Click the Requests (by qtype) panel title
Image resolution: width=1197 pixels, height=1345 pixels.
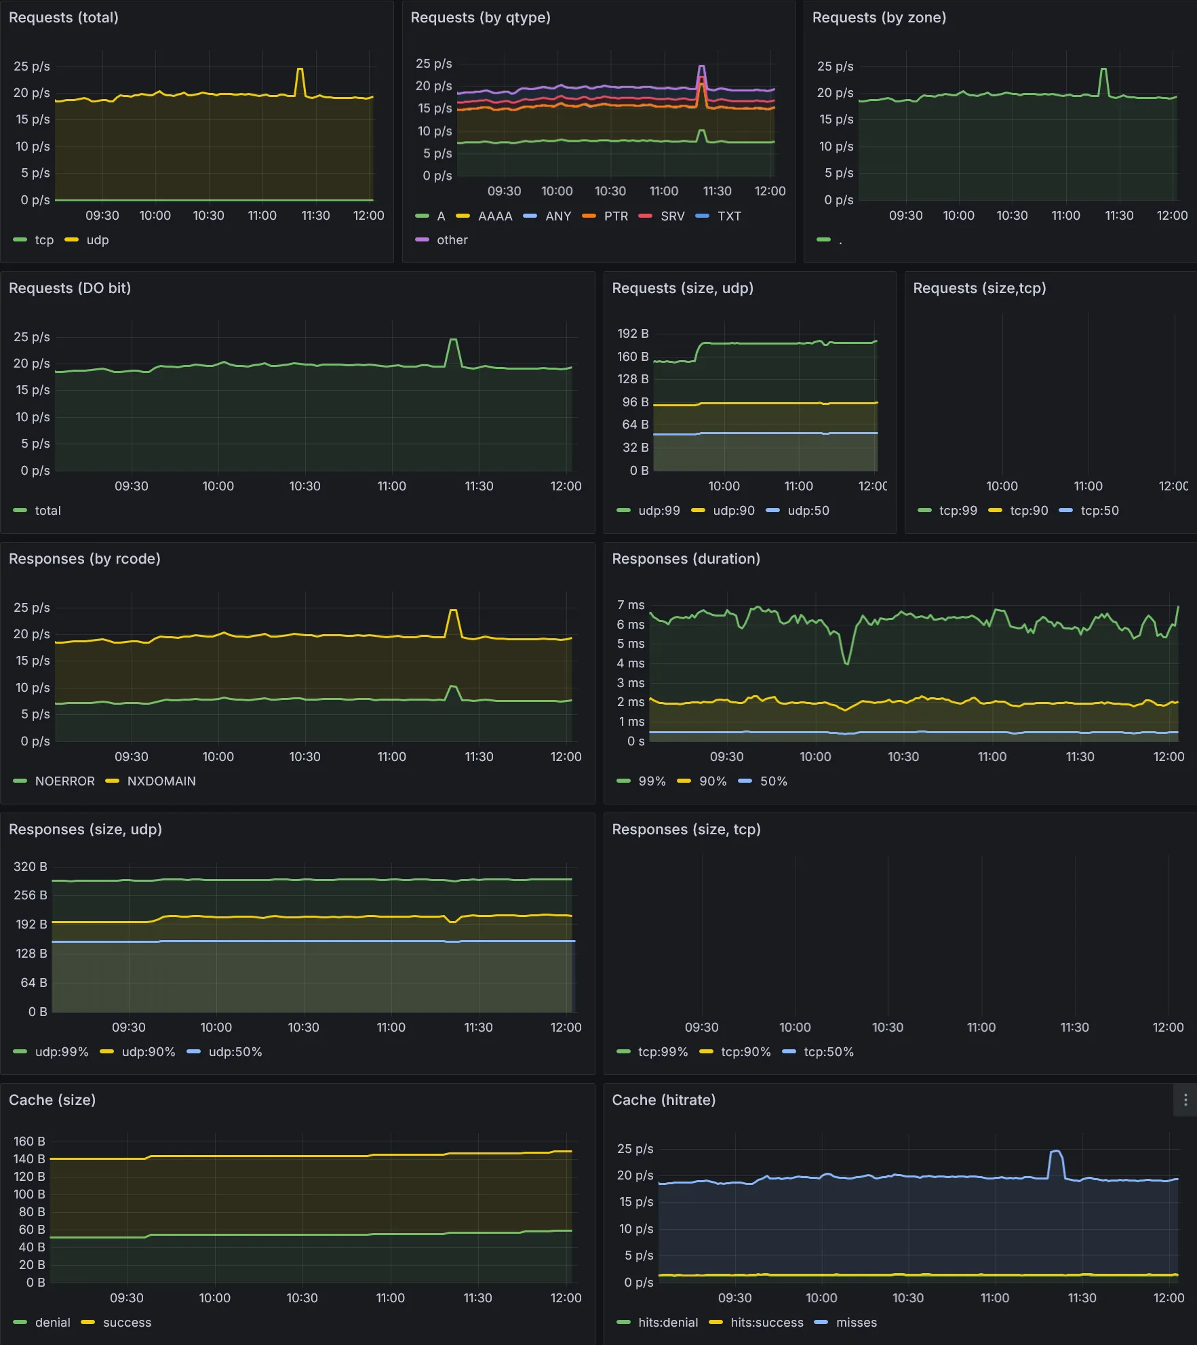480,18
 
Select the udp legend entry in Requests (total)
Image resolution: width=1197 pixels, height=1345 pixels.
97,240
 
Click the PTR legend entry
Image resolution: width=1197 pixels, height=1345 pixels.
615,216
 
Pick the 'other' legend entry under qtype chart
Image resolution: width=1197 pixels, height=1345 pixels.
452,240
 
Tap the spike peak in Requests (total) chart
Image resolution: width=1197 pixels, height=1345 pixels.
299,69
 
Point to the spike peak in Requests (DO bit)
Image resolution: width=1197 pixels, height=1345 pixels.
453,340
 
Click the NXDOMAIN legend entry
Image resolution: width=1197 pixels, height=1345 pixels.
161,781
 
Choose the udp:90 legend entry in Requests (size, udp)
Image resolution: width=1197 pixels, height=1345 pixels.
733,511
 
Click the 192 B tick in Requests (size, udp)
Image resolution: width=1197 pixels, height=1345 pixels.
632,334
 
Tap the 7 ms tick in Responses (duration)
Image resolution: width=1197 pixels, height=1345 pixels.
630,605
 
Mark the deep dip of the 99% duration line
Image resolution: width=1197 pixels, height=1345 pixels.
846,663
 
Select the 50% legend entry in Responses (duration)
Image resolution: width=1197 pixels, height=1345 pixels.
773,781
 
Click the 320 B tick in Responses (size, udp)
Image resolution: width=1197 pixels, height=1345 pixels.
31,867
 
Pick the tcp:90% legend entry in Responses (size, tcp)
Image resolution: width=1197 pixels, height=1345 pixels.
745,1052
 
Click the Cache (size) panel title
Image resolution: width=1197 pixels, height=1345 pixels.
52,1100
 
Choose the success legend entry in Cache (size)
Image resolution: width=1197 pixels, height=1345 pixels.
127,1323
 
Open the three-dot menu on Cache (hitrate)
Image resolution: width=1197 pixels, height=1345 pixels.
1185,1100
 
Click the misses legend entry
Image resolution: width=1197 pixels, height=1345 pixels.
856,1323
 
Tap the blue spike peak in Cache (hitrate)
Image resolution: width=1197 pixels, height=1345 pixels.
1055,1151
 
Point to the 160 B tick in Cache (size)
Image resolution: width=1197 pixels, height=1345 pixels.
29,1142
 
